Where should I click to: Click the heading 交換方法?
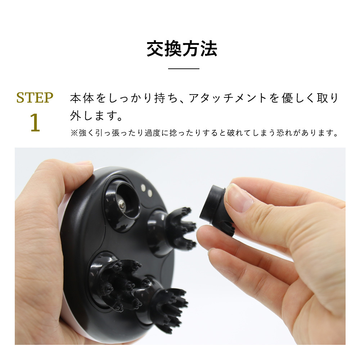point(182,49)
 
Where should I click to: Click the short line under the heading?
point(184,68)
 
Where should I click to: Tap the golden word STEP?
point(35,98)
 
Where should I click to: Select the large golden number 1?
point(35,123)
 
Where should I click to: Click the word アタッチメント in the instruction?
point(228,98)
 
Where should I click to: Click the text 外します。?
point(96,116)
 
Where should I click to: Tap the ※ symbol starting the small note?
point(74,133)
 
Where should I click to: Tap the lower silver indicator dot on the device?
point(149,193)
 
